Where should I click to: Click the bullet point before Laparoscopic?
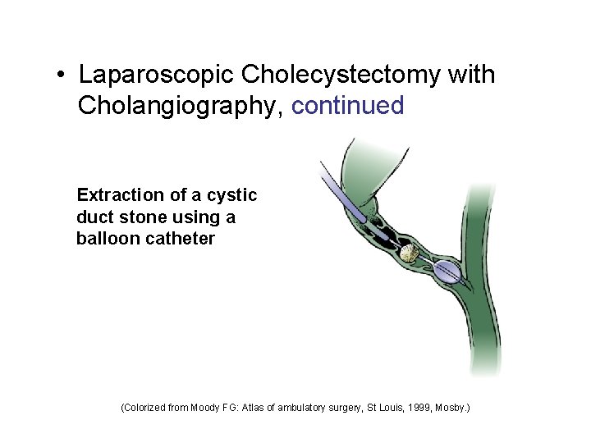click(x=62, y=76)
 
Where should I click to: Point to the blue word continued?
click(x=347, y=105)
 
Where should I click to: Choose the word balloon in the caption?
click(x=105, y=240)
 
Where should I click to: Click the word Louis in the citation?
click(x=390, y=406)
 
